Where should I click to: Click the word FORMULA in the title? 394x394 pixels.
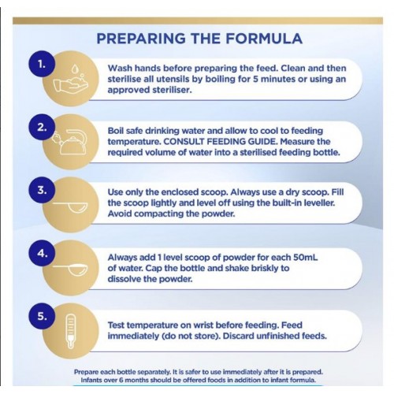(264, 39)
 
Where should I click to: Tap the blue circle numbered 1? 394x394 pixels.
(42, 64)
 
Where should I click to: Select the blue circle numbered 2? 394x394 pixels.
(42, 127)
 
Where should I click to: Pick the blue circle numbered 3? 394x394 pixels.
(42, 190)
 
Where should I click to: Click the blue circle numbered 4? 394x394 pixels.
(42, 253)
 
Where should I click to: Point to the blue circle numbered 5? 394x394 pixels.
(42, 316)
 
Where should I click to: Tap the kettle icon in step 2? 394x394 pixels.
(71, 142)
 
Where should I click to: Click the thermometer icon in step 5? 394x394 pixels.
(71, 332)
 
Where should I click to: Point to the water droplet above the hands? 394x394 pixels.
(75, 69)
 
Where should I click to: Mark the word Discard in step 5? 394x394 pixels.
(239, 336)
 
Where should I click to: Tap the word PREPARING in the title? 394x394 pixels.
(141, 39)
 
